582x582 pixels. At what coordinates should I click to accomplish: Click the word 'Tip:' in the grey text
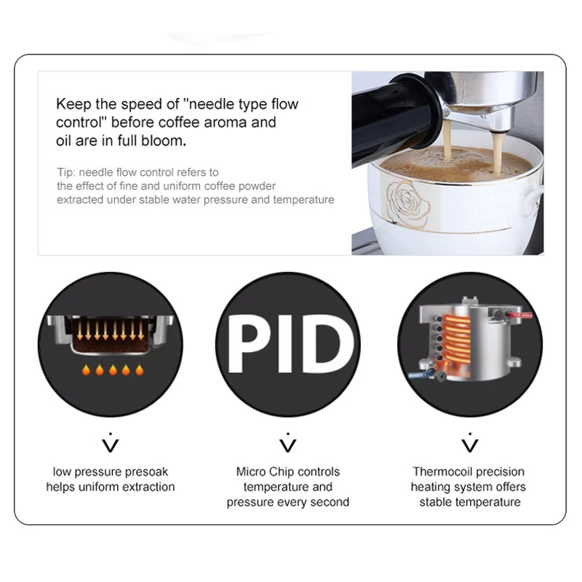(x=66, y=172)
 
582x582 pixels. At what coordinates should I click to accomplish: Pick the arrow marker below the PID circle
(x=288, y=442)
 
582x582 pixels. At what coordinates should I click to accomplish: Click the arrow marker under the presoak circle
(x=111, y=442)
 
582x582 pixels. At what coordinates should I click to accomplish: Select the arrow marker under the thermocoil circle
(x=470, y=442)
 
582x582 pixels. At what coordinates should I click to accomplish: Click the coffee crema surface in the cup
(x=466, y=166)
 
